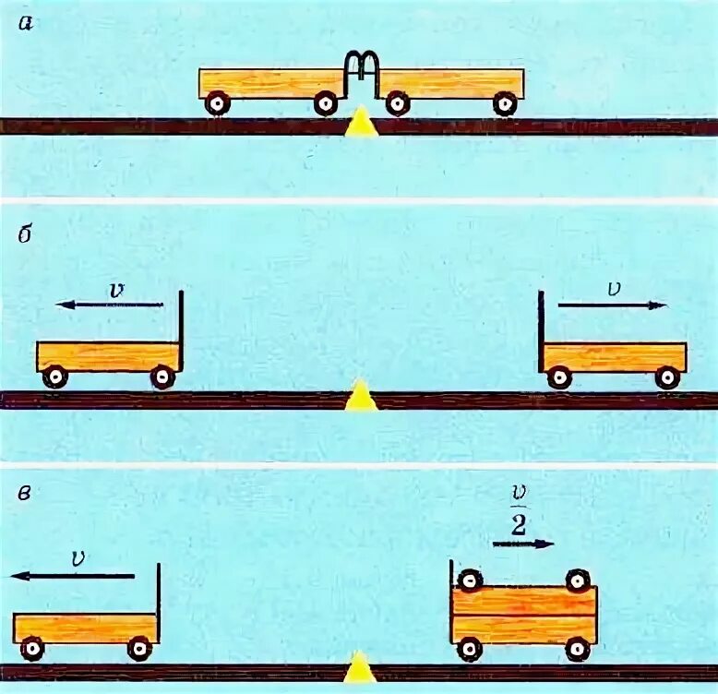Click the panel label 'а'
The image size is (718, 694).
[26, 25]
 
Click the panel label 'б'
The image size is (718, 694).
[26, 233]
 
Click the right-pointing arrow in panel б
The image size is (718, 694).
[612, 305]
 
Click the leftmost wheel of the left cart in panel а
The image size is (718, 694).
[217, 103]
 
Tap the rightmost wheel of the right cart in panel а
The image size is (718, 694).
[504, 103]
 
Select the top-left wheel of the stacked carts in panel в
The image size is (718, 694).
[470, 580]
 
